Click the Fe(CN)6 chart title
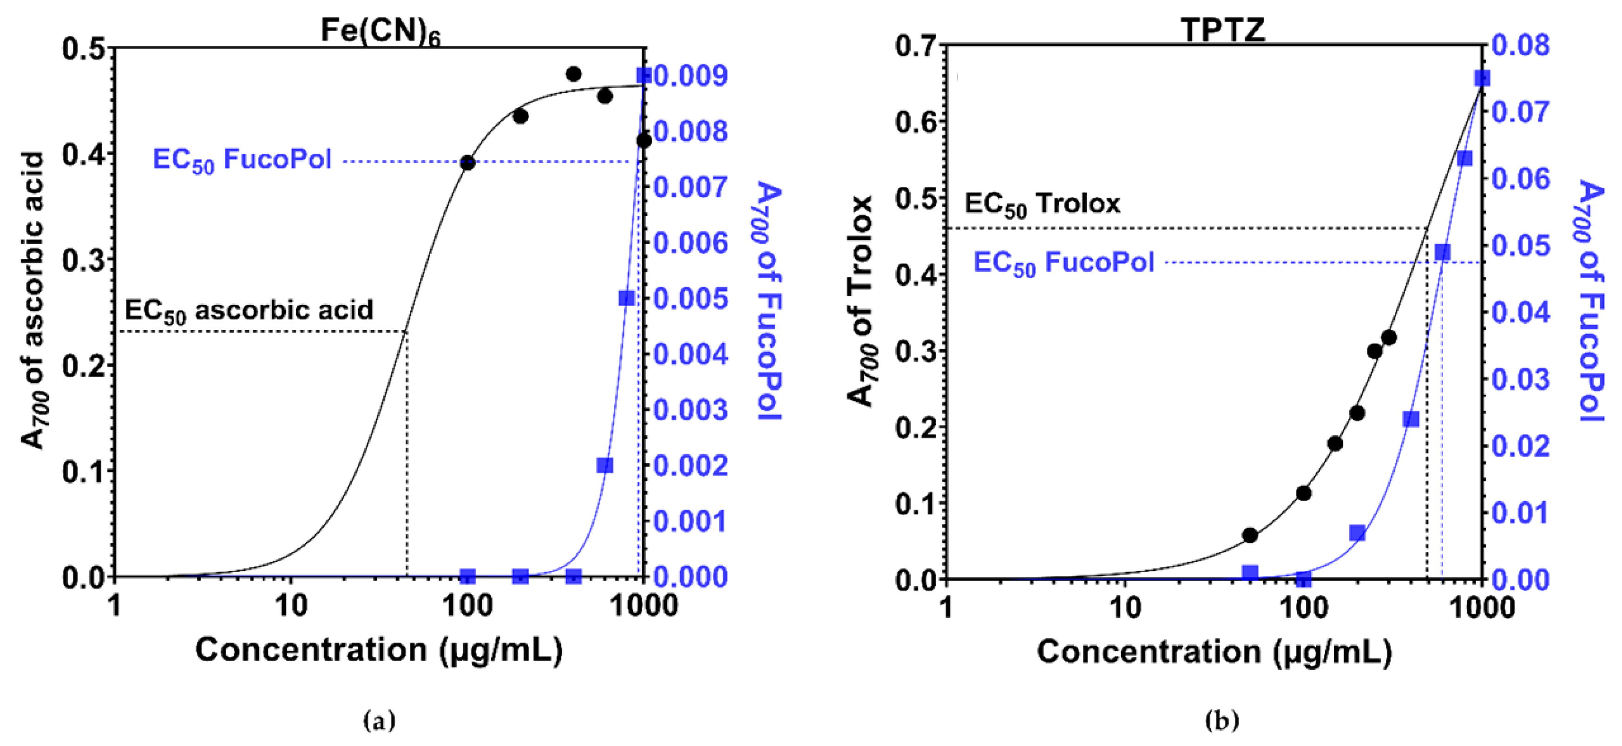coord(381,30)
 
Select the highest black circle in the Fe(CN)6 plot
coord(574,74)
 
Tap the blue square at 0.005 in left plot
coord(626,298)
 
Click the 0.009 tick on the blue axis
coord(691,76)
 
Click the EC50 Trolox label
coord(1042,204)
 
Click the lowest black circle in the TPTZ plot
coord(1250,535)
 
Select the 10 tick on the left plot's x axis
coord(291,606)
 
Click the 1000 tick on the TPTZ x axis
coord(1481,608)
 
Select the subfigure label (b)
coord(1221,720)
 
